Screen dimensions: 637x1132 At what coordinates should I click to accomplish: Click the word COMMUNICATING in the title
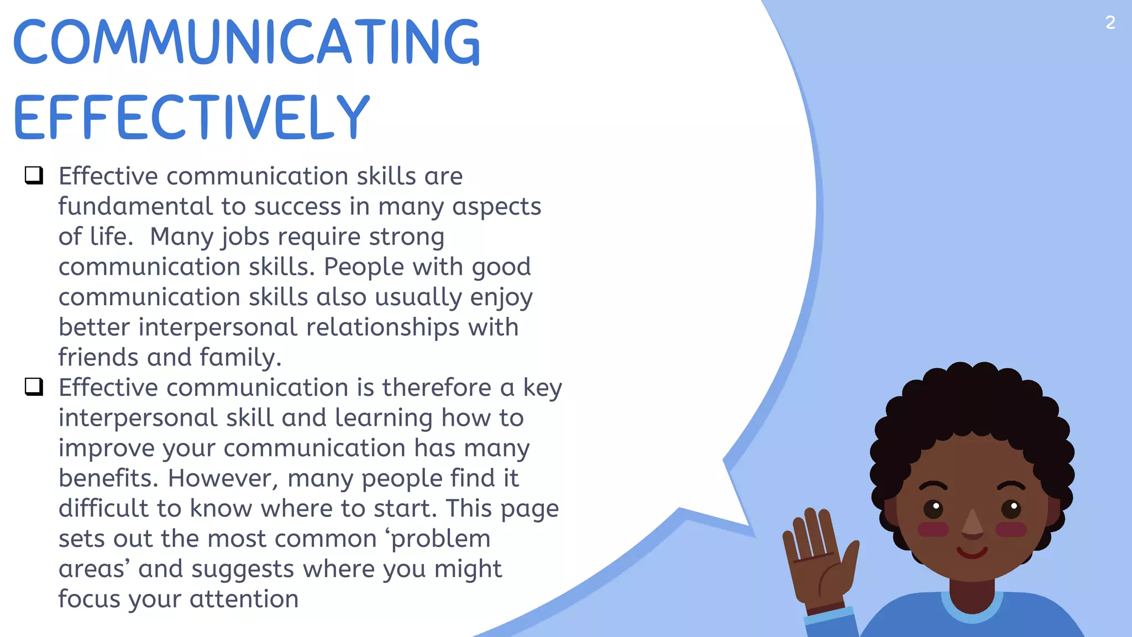tap(247, 42)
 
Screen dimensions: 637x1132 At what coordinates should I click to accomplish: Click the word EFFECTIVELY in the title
tap(191, 117)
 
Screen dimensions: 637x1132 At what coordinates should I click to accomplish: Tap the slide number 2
tap(1110, 23)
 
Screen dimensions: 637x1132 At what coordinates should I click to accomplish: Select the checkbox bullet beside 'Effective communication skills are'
tap(34, 175)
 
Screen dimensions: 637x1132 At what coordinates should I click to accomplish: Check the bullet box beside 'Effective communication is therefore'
tap(34, 387)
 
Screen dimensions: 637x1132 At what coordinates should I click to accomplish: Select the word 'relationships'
tap(382, 327)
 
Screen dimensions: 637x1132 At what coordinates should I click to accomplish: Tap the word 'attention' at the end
tap(244, 599)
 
